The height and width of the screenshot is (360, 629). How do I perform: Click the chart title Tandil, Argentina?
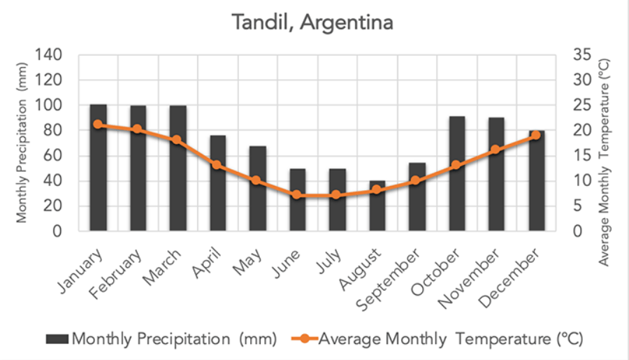314,22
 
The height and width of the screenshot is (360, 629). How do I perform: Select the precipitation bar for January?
98,168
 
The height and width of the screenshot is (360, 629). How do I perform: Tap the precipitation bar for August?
377,206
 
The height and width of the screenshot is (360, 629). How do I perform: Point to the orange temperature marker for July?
337,195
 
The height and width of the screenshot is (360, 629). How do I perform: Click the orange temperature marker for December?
536,135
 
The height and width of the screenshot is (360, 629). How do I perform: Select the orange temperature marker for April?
217,165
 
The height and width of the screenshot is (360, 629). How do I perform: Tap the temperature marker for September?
417,180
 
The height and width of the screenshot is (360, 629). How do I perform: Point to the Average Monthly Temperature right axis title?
605,161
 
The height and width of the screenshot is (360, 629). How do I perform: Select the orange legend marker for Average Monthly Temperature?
305,339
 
